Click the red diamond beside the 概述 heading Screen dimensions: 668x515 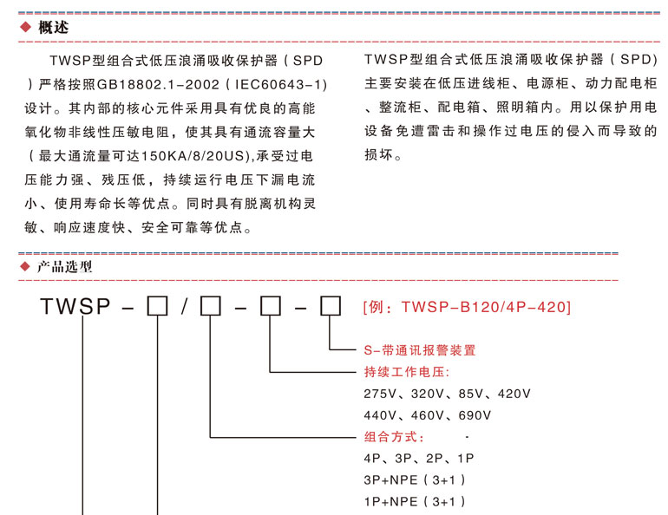[x=25, y=27]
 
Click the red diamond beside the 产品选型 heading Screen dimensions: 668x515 [x=25, y=267]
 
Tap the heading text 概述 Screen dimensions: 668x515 [x=53, y=27]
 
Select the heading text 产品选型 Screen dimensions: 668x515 [x=65, y=267]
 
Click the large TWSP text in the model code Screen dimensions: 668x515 [x=75, y=306]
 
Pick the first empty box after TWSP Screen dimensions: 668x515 [x=157, y=306]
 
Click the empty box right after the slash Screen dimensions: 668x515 [x=211, y=306]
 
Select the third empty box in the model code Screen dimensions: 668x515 [x=271, y=306]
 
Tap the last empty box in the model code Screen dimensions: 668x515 [x=331, y=306]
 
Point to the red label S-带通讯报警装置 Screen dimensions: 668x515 [x=420, y=350]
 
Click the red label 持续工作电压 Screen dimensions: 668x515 [x=405, y=372]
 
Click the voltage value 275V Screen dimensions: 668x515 [x=380, y=394]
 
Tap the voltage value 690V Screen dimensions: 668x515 [x=475, y=415]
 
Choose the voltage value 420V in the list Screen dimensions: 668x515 [x=514, y=394]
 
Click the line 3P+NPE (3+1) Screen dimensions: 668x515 [x=415, y=480]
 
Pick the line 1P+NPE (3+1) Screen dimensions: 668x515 [x=415, y=502]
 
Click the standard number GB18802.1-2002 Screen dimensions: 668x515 [x=158, y=85]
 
